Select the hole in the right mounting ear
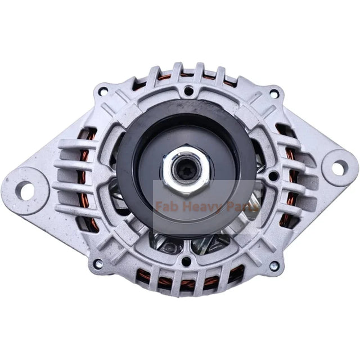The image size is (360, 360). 338,167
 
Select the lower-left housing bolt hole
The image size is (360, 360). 98,263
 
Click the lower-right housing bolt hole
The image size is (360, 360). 274,265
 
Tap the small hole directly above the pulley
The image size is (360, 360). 188,90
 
